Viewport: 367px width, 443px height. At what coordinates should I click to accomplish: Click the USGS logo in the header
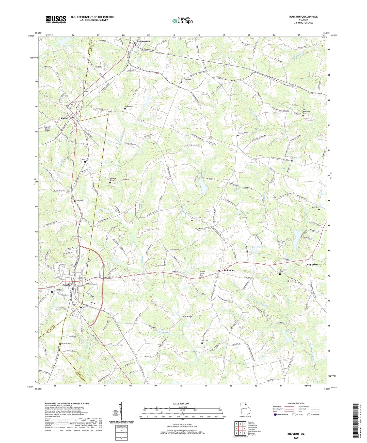56,19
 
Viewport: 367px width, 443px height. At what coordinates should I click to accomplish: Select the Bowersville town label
143,41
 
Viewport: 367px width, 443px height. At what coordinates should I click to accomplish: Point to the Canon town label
65,118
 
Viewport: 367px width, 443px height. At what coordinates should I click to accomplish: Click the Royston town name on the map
67,285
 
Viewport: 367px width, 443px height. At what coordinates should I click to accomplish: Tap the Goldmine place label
229,270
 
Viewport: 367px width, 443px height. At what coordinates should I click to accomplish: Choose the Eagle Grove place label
313,264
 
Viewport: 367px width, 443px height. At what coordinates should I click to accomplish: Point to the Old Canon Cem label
186,80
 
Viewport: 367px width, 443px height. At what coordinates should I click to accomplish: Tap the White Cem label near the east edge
315,207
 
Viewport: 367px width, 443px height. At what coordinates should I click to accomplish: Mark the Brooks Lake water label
258,247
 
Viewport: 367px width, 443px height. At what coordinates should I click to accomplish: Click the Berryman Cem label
66,343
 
